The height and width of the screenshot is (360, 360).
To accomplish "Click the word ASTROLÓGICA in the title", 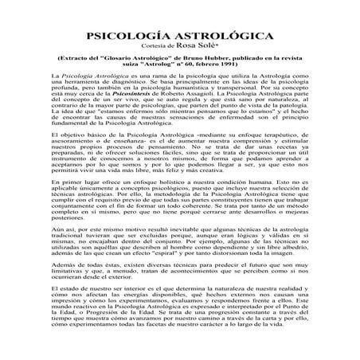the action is tap(215, 37).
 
